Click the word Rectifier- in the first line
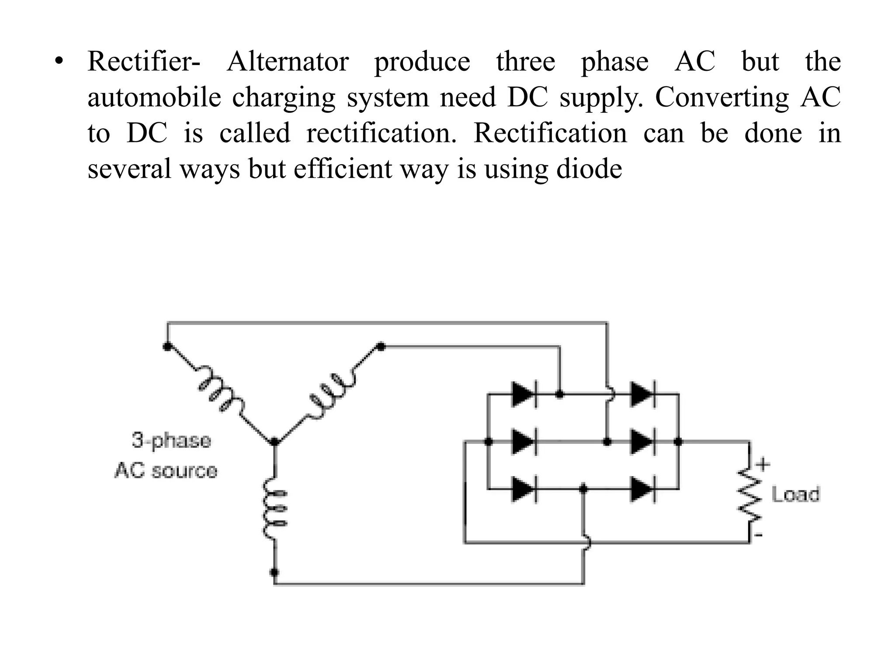pyautogui.click(x=143, y=62)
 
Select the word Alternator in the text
pyautogui.click(x=288, y=62)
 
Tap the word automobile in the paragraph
pyautogui.click(x=154, y=97)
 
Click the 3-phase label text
pyautogui.click(x=171, y=440)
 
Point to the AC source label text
pyautogui.click(x=166, y=471)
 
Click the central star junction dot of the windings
pyautogui.click(x=274, y=442)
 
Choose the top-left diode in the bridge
pyautogui.click(x=523, y=394)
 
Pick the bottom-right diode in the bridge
pyautogui.click(x=642, y=489)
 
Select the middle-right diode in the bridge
pyautogui.click(x=642, y=442)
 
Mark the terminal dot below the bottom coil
pyautogui.click(x=274, y=572)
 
